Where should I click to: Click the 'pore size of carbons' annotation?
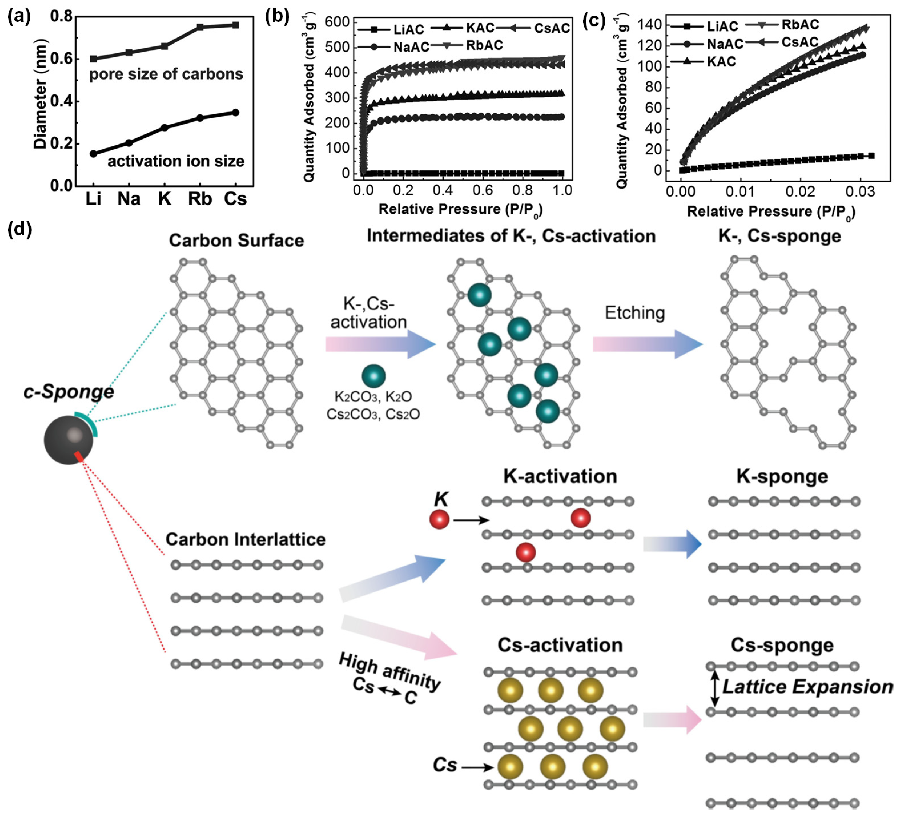coord(166,74)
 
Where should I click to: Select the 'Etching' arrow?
coord(647,344)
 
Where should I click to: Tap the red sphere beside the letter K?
coord(439,520)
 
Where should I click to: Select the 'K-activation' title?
coord(560,476)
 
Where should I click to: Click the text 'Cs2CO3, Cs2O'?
coord(373,414)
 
